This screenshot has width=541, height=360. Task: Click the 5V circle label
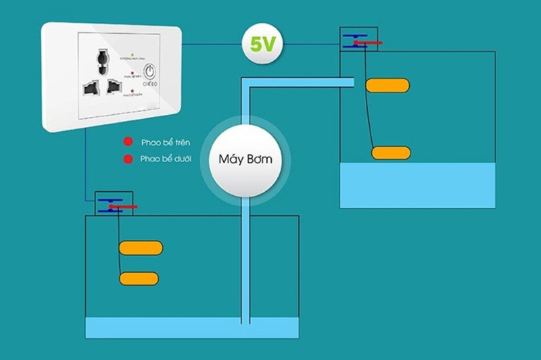point(263,45)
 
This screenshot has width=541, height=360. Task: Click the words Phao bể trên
point(166,143)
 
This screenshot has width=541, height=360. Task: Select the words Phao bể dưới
point(166,159)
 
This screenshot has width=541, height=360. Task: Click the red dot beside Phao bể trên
point(127,143)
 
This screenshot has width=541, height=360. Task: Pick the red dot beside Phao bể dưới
point(127,159)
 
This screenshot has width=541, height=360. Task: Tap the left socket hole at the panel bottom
point(90,88)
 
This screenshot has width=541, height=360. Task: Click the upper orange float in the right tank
point(387,85)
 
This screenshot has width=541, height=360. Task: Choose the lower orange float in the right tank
point(391,153)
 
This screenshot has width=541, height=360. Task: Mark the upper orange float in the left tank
point(141,248)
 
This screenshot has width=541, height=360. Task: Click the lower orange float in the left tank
point(140,278)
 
